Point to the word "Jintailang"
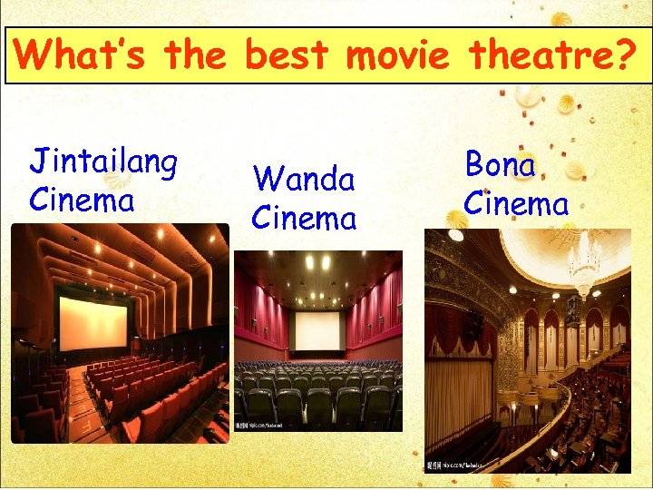pyautogui.click(x=103, y=163)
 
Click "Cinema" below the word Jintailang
pyautogui.click(x=82, y=199)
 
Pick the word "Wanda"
pyautogui.click(x=303, y=179)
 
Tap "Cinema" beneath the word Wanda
pyautogui.click(x=304, y=218)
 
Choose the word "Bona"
pyautogui.click(x=500, y=165)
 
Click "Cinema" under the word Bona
pyautogui.click(x=516, y=203)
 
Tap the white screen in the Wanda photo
pyautogui.click(x=317, y=331)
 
